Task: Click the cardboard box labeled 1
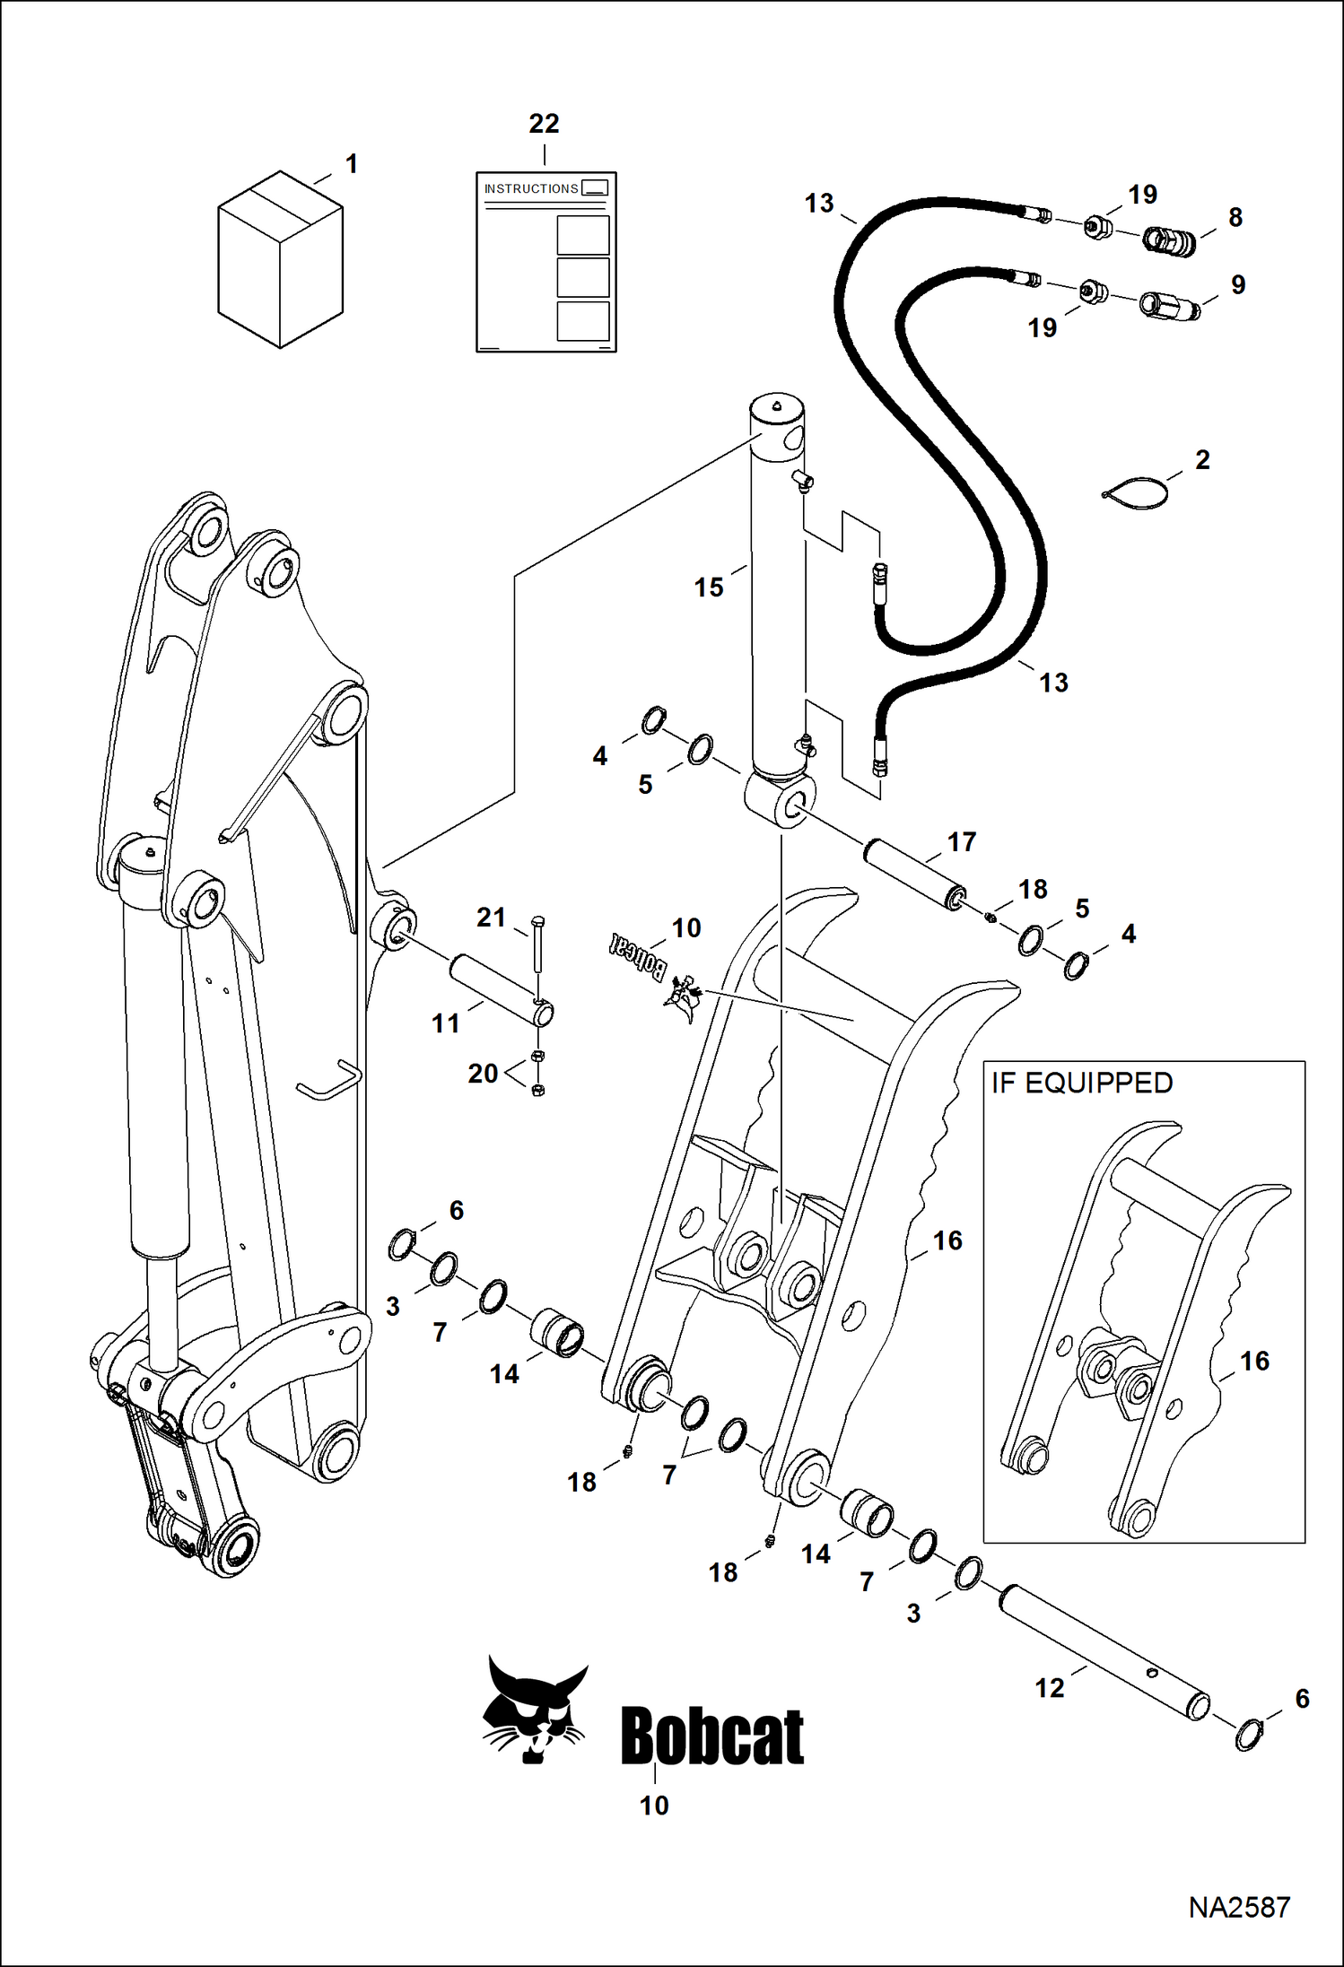tap(280, 260)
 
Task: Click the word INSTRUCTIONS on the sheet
tap(531, 188)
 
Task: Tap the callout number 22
tap(544, 124)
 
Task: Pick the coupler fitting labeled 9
tap(1169, 305)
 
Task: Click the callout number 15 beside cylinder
tap(708, 587)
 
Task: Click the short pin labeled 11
tap(502, 990)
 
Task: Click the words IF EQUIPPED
tap(1082, 1083)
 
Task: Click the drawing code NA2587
tap(1239, 1907)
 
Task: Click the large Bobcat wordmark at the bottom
tap(712, 1736)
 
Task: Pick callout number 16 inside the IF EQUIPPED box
tap(1254, 1361)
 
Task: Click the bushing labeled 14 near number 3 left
tap(559, 1333)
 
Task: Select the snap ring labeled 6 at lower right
tap(1248, 1735)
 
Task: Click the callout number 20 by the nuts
tap(483, 1073)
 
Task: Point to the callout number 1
tap(352, 164)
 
